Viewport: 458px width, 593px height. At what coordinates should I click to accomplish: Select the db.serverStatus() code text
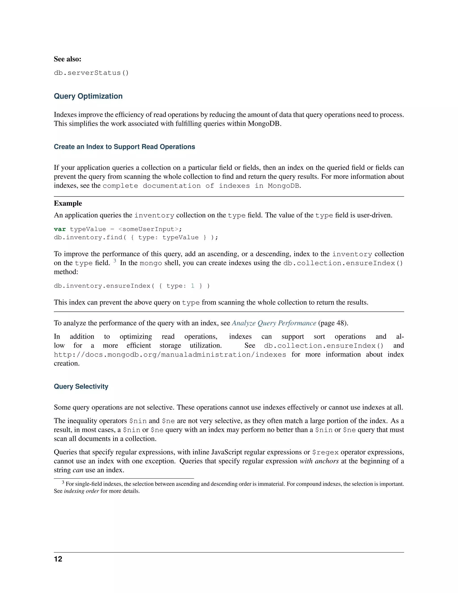[91, 73]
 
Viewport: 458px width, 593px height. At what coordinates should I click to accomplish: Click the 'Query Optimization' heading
[88, 96]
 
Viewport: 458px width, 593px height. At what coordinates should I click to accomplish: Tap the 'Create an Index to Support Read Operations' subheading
[124, 147]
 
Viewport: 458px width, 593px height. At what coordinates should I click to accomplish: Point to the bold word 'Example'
[68, 203]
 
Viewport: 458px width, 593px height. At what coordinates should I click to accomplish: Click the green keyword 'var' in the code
[60, 229]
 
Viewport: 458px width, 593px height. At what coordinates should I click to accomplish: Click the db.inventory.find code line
[136, 238]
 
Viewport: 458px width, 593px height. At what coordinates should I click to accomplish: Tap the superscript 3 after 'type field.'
[115, 261]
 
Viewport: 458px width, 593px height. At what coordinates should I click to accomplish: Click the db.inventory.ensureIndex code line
[131, 286]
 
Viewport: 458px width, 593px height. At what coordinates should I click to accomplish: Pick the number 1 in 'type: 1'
[193, 286]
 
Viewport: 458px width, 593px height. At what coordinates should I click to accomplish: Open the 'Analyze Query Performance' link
[274, 323]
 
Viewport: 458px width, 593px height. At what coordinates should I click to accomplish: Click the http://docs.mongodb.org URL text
[170, 355]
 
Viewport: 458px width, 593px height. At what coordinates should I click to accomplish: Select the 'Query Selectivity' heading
[81, 386]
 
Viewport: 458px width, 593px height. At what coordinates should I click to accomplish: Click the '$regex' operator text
[325, 452]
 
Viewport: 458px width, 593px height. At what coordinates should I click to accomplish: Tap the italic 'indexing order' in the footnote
[81, 491]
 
